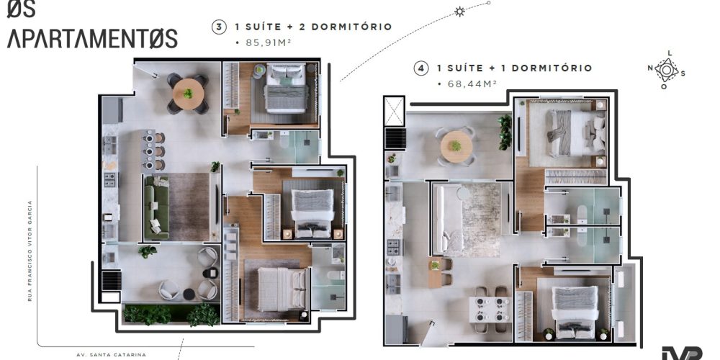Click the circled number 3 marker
click(x=219, y=27)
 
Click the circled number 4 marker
click(x=421, y=68)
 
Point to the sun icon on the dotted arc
click(x=459, y=12)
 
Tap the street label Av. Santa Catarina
click(x=112, y=354)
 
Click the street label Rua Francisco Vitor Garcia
click(x=30, y=251)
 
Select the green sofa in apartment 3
click(x=156, y=208)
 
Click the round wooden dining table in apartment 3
click(x=188, y=94)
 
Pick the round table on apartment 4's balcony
click(x=456, y=146)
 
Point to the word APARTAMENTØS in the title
click(x=92, y=39)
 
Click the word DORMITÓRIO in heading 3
click(x=351, y=27)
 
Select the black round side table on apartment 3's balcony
click(x=189, y=294)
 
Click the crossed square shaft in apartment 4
click(x=394, y=111)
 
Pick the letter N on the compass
click(x=650, y=68)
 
